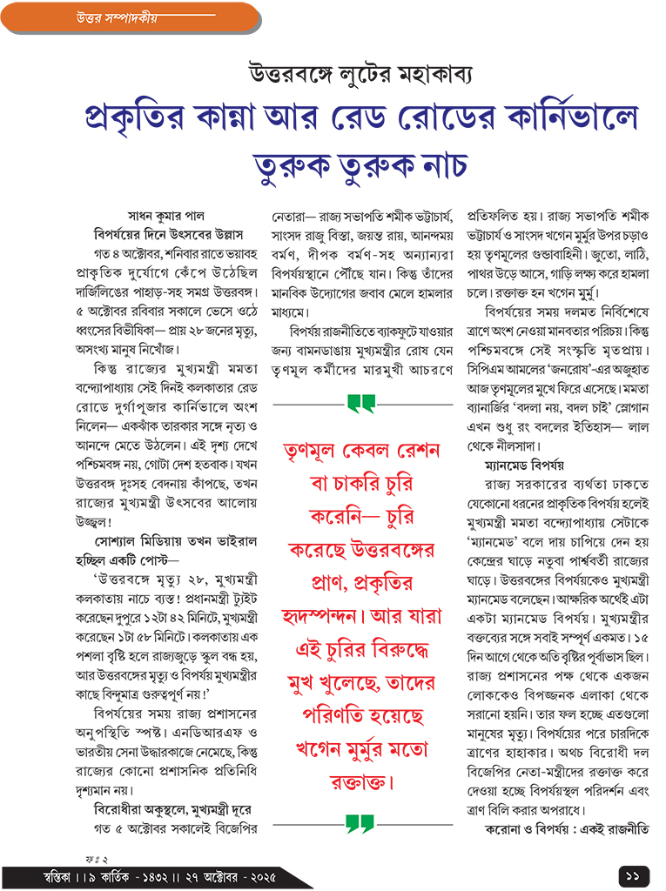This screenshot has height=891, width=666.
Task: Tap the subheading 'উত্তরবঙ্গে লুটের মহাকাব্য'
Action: tap(359, 73)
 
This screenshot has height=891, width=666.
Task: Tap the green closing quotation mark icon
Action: tap(359, 821)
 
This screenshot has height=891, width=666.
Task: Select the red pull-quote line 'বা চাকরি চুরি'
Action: tap(360, 483)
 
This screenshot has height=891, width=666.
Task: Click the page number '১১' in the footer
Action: tap(631, 873)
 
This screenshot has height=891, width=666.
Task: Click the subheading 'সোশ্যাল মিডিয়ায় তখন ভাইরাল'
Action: tap(170, 541)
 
